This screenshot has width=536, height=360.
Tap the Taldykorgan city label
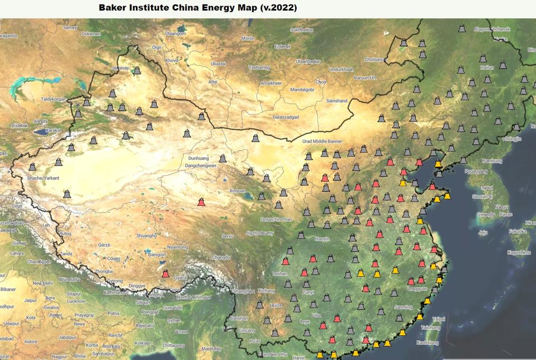pos(53,99)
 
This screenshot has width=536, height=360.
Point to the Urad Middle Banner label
pos(322,141)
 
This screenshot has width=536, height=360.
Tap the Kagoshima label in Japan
pos(519,252)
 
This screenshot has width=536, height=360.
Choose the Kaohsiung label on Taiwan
pos(428,342)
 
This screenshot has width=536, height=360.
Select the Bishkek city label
pos(19,125)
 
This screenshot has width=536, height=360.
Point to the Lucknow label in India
pos(75,301)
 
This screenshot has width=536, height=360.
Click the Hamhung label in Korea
pos(492,161)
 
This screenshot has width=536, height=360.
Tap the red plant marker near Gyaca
pos(165,273)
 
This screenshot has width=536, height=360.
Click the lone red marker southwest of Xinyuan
pos(201,201)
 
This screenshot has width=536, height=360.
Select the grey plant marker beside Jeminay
pos(136,70)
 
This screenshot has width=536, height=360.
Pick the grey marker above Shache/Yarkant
pos(32,166)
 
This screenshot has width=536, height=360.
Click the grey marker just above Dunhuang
pos(222,158)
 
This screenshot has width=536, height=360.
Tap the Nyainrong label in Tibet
pos(178,247)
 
